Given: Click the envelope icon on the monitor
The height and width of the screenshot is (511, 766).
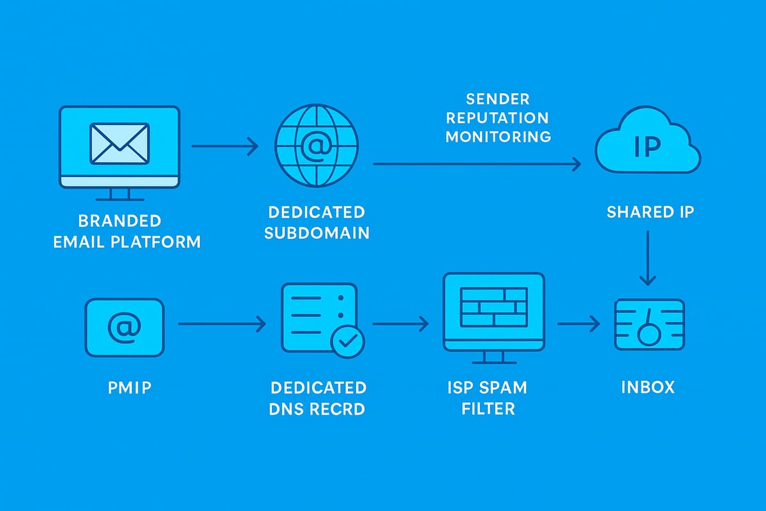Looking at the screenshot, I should (120, 142).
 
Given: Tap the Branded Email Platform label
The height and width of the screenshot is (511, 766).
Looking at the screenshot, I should (120, 231).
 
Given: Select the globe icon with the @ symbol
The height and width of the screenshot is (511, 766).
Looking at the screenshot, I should (317, 146).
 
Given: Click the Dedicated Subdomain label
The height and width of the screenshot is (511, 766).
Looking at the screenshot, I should (317, 222).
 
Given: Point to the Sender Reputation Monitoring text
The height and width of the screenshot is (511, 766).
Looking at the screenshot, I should (498, 118).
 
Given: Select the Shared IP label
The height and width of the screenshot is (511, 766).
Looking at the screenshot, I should (650, 211).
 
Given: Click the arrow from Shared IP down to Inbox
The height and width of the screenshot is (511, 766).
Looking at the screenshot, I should (648, 258).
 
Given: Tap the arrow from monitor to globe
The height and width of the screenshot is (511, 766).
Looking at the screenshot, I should (225, 147).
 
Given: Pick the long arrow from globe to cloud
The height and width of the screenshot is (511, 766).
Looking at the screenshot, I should (476, 164).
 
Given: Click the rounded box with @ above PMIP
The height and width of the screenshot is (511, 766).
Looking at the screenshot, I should (124, 328).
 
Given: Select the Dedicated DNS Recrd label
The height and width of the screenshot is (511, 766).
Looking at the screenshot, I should (318, 397).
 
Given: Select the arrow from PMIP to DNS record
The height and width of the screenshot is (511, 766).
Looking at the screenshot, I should (222, 324).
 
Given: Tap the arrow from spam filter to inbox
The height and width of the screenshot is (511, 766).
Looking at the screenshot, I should (578, 324).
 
